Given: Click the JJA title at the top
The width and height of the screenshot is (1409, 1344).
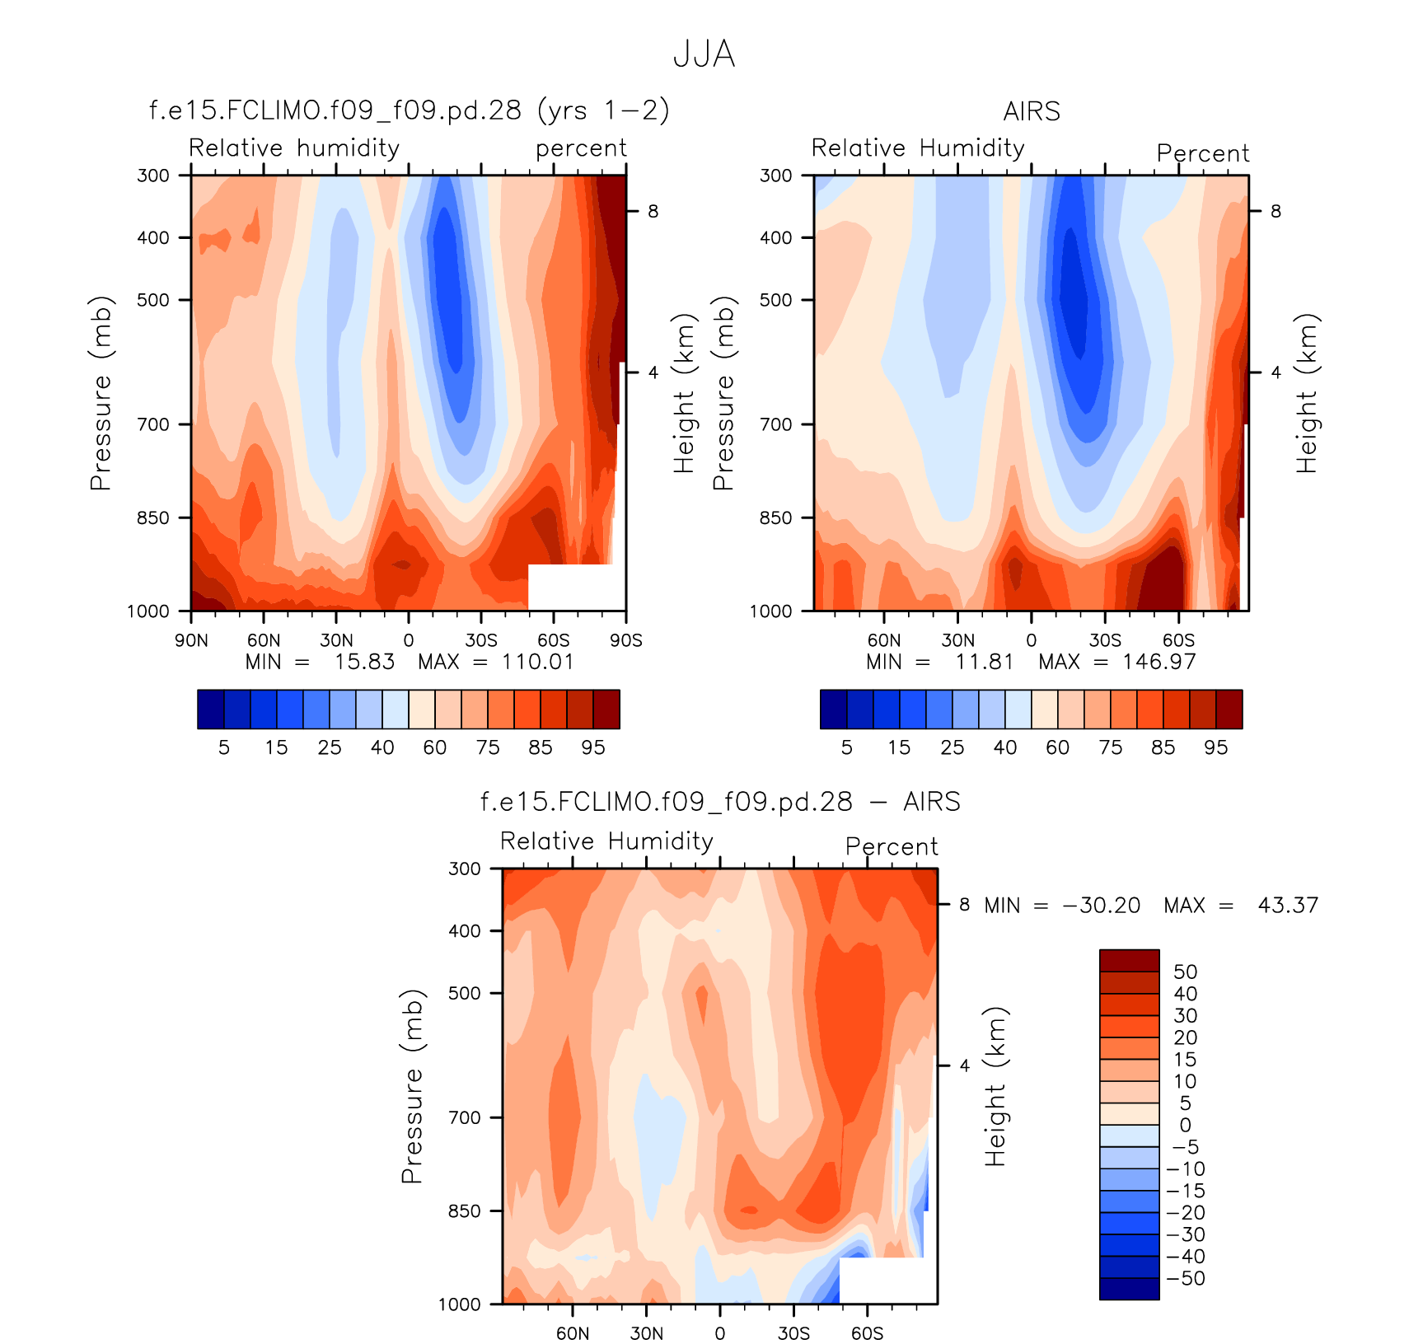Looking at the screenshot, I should [x=704, y=54].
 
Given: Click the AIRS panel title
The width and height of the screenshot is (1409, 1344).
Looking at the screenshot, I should [x=1031, y=111].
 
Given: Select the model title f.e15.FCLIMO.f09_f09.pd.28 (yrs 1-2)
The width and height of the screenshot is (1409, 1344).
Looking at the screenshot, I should [x=409, y=110].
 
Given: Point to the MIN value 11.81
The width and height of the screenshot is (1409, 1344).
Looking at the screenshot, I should [x=984, y=662].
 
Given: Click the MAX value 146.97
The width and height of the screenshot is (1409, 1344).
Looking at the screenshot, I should [x=1159, y=662].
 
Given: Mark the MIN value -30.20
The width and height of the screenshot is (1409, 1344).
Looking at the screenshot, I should [x=1102, y=906].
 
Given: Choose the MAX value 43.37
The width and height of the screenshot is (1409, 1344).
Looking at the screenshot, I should [x=1287, y=906].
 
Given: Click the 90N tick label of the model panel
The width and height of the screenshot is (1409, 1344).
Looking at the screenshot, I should [x=191, y=640].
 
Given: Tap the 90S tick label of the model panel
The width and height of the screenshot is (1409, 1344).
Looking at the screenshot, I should [x=625, y=640].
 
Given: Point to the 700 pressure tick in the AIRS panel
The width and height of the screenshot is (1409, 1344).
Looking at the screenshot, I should [x=775, y=424].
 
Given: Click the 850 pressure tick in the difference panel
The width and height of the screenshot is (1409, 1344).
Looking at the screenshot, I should [x=464, y=1211].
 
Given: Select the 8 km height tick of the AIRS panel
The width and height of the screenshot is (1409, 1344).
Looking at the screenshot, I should [x=1276, y=212].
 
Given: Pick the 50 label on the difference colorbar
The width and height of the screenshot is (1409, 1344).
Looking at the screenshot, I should [x=1185, y=972].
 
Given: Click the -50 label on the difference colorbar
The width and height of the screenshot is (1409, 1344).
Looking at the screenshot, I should [x=1186, y=1278].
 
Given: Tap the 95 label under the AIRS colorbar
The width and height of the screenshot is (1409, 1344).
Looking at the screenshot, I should [x=1215, y=747].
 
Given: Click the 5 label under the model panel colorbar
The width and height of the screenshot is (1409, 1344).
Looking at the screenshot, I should [x=223, y=747].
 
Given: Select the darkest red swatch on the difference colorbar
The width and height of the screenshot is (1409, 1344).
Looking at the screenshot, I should [x=1129, y=961].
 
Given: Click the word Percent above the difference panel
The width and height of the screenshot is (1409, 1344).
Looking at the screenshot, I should [x=892, y=846].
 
